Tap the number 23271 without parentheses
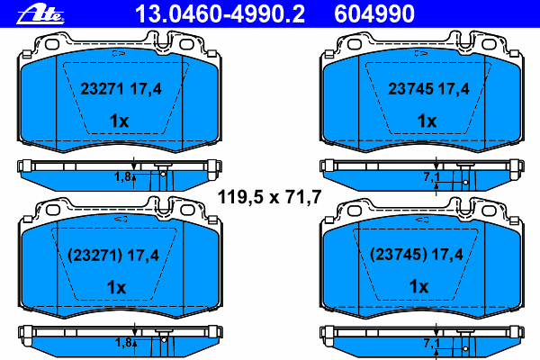click(x=100, y=90)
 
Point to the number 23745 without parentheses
click(x=406, y=90)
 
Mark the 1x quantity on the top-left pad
click(x=119, y=121)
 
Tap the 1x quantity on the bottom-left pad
click(x=118, y=287)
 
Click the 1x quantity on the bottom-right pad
click(x=420, y=287)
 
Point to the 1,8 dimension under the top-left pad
click(x=122, y=177)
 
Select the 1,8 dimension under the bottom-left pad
click(x=122, y=343)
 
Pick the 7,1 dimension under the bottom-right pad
click(x=430, y=344)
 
